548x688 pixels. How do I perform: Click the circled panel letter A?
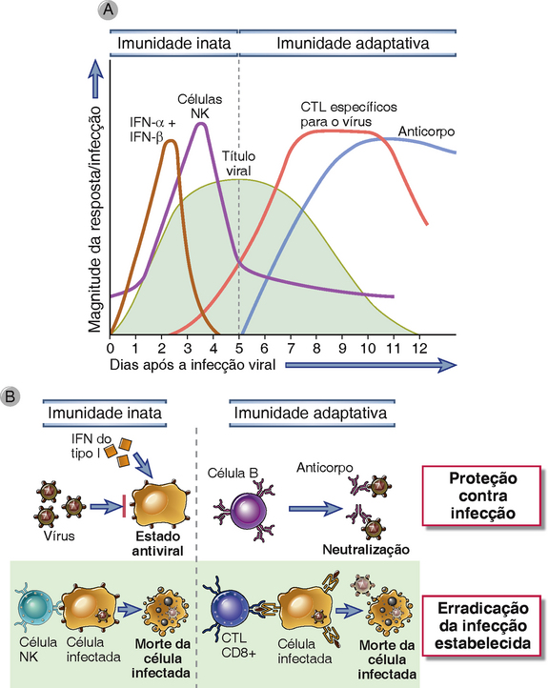click(x=108, y=10)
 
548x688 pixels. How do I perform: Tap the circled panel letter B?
click(x=10, y=396)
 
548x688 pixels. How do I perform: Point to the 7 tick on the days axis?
click(x=291, y=348)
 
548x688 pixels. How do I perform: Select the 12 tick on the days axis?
click(x=419, y=348)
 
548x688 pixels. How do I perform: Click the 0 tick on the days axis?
click(x=111, y=348)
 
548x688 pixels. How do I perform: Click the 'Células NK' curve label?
click(x=199, y=106)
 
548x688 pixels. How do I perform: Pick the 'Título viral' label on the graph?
click(x=238, y=163)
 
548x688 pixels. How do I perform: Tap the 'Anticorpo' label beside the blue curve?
click(x=426, y=132)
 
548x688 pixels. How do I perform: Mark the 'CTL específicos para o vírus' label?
click(x=349, y=114)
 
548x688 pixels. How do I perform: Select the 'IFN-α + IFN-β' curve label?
click(x=152, y=130)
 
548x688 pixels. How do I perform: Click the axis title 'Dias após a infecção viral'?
click(x=193, y=365)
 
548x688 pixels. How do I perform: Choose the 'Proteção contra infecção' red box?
click(x=481, y=496)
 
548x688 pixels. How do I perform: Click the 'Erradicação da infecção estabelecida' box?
click(x=481, y=626)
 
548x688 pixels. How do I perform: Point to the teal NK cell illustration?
click(x=35, y=606)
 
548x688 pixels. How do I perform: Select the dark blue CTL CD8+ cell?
click(x=228, y=608)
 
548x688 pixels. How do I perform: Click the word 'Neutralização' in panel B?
click(x=366, y=549)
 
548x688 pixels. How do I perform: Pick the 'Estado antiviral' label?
click(x=157, y=543)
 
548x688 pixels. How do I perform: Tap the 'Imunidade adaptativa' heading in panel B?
click(x=311, y=413)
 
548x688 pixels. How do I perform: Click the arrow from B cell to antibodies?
click(x=315, y=509)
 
